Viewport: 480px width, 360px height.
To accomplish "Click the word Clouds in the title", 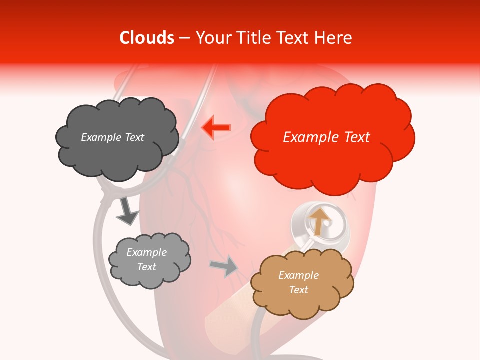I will tap(147, 38).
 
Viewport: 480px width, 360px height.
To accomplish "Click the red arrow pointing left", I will tap(216, 127).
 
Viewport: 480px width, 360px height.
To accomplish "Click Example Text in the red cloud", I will tap(326, 137).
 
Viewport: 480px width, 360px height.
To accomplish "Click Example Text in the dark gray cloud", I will tap(112, 137).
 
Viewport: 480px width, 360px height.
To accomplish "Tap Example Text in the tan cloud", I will tap(298, 282).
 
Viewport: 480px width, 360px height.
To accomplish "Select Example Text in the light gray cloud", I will tap(146, 260).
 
